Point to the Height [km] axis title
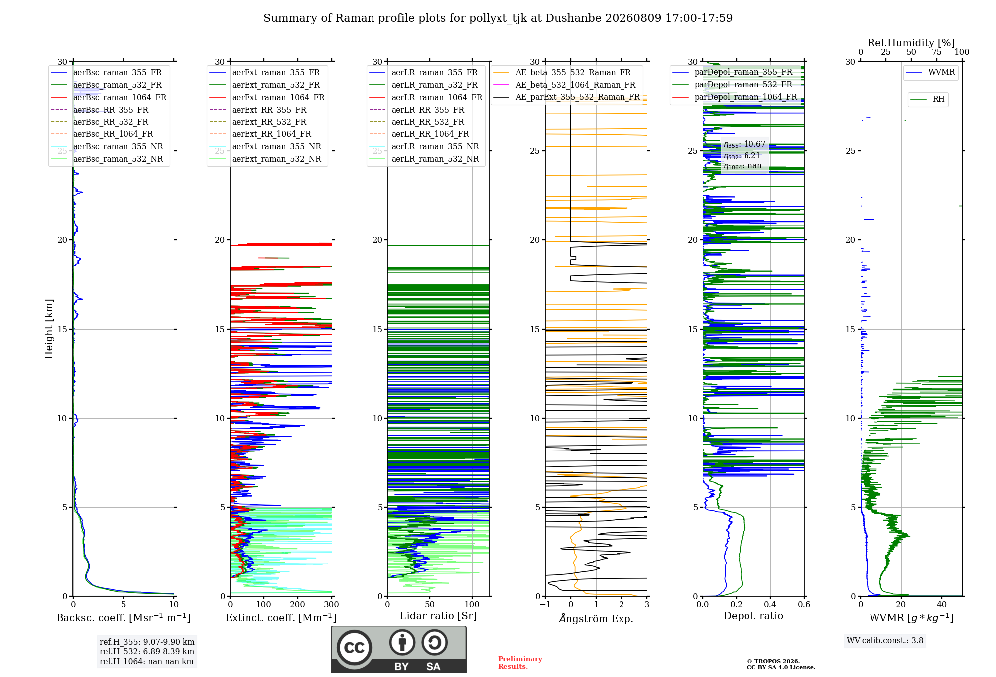(x=49, y=329)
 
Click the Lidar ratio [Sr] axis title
(x=438, y=616)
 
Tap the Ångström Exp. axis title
(x=596, y=618)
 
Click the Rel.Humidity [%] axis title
(x=911, y=43)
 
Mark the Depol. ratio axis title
(x=753, y=616)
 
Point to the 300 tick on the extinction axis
(x=332, y=604)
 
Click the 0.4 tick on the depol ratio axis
(x=770, y=604)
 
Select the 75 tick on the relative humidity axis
(x=937, y=52)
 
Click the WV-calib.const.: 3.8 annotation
(x=885, y=641)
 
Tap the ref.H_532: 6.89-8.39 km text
(x=147, y=651)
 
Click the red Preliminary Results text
(x=520, y=663)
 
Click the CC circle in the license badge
(x=354, y=647)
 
